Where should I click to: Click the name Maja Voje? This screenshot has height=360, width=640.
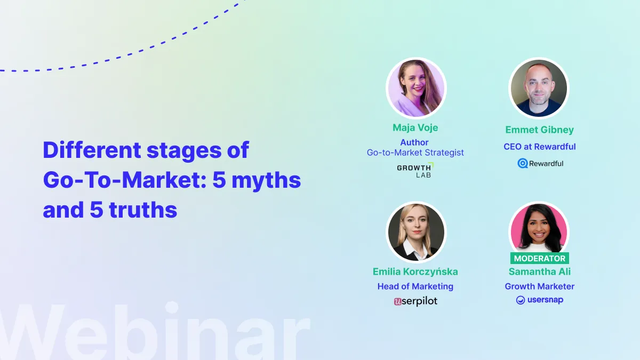pos(415,129)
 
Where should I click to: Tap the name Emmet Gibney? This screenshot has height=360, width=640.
pos(540,130)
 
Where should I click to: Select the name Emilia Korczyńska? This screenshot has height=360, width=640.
pos(415,271)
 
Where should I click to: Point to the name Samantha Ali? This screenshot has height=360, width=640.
pos(540,271)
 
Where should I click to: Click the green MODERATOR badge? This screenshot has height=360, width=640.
pos(539,258)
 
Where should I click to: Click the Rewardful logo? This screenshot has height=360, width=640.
pos(540,163)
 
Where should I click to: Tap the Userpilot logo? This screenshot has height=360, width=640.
pos(415,301)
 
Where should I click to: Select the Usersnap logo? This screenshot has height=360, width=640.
pos(539,300)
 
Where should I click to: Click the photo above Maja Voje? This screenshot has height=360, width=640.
pos(415,88)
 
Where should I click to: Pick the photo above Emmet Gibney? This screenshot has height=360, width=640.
pos(539,88)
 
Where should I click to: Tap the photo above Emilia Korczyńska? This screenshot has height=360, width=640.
pos(415,231)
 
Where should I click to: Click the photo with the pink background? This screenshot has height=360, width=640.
pos(539,228)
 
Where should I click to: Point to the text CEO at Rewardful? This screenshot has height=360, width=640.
pos(540,147)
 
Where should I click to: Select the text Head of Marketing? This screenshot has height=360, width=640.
pos(415,286)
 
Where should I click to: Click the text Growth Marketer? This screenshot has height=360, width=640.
pos(540,286)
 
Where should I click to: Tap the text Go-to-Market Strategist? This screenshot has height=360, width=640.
pos(415,153)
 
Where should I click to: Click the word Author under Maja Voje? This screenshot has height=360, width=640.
pos(414,142)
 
